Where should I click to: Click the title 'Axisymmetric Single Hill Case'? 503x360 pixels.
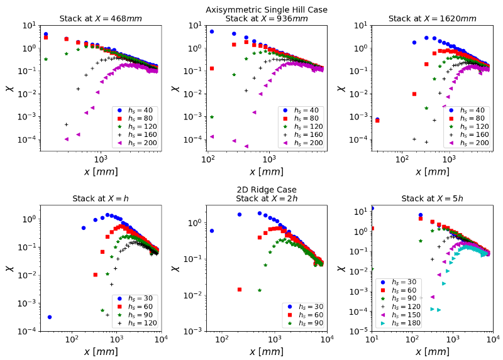pos(267,9)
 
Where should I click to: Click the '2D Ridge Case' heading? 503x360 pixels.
pos(267,190)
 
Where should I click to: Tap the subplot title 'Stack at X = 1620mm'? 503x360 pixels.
pos(433,18)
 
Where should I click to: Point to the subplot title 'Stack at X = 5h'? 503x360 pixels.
pos(433,199)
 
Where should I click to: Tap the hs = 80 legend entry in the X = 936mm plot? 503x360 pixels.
pos(299,118)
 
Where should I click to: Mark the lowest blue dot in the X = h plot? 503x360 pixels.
pos(50,317)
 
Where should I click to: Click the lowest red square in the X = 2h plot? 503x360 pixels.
pos(240,290)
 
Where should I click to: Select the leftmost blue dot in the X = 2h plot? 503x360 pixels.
pos(212,231)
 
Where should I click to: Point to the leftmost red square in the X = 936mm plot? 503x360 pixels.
pos(212,68)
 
